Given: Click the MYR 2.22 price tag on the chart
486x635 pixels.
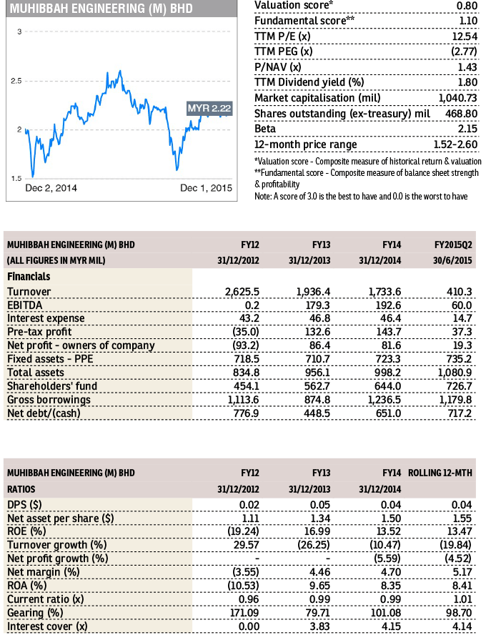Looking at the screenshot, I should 209,108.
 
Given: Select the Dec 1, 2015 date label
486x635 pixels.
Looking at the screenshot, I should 206,188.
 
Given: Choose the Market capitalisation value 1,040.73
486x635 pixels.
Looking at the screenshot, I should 457,98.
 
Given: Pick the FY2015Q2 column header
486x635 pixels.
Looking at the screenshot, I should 457,244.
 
